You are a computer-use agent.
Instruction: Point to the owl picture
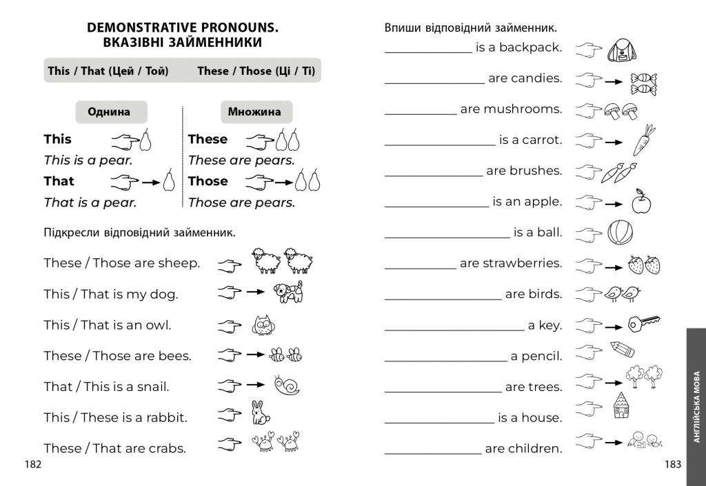click(261, 325)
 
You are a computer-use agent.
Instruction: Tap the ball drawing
click(620, 232)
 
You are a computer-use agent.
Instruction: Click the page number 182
click(33, 465)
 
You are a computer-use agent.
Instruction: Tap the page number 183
click(673, 465)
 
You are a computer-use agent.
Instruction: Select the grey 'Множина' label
click(254, 112)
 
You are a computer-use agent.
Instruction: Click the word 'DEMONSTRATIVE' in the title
click(141, 28)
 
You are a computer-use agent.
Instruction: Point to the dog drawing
click(288, 292)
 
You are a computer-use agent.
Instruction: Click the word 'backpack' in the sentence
click(530, 47)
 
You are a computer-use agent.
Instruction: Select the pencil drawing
click(622, 348)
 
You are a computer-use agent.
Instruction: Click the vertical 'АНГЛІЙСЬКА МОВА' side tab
click(696, 406)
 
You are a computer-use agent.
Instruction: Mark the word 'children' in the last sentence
click(534, 449)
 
